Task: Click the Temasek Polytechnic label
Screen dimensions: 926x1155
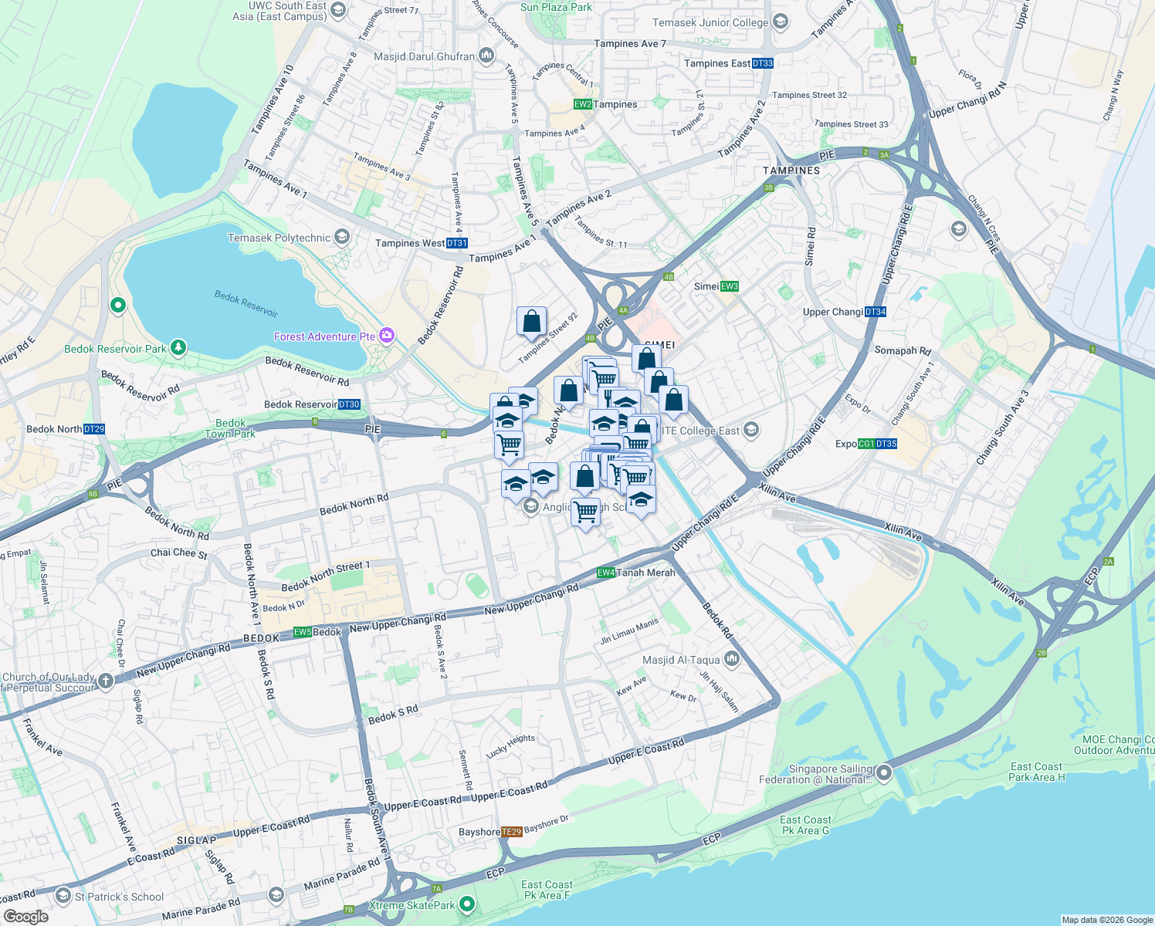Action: [279, 238]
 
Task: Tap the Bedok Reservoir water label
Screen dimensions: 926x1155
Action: [246, 304]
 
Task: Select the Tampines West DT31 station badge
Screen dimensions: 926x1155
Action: [457, 243]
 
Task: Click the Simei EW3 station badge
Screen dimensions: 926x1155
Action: [730, 286]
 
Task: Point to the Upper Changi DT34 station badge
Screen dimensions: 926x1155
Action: [876, 312]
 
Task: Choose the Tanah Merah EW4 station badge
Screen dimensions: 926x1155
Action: [606, 573]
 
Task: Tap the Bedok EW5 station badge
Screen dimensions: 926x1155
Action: [302, 632]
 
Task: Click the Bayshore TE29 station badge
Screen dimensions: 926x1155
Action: [511, 832]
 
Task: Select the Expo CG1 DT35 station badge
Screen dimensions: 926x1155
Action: [877, 444]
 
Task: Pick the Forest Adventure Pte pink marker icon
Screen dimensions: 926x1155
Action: [387, 336]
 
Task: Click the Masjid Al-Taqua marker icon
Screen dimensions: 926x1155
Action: [732, 660]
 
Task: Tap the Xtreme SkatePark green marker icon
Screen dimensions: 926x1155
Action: [466, 904]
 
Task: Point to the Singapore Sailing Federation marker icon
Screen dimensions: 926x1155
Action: [884, 772]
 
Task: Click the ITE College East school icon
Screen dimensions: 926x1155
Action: [751, 431]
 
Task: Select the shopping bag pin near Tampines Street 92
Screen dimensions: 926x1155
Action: [531, 321]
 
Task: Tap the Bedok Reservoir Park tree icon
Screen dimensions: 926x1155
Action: [178, 348]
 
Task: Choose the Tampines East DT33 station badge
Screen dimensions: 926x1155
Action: [763, 63]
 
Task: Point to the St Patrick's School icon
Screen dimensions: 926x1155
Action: [63, 896]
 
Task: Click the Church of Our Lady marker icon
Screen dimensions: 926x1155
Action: [106, 681]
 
